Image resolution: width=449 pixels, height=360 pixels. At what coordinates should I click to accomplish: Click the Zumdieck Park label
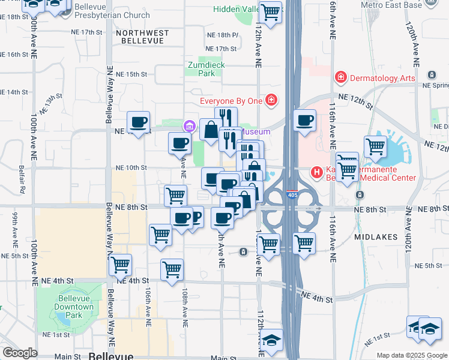[206, 68]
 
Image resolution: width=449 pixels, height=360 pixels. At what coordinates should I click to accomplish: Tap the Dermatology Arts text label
[382, 77]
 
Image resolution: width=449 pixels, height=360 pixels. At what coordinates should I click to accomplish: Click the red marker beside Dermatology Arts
[340, 77]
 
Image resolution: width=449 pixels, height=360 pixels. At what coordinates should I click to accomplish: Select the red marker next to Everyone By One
[271, 100]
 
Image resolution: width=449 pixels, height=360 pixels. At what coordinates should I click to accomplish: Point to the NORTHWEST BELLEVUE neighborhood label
[142, 36]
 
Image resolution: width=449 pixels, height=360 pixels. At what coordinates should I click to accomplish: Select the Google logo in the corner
[20, 353]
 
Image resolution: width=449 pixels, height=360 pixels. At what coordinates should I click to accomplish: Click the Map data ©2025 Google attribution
[412, 355]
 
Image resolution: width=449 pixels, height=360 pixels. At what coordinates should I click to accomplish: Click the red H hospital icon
[316, 173]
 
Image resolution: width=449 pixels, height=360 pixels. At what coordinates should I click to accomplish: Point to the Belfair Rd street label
[22, 181]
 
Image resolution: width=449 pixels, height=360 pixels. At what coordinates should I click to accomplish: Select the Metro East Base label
[392, 5]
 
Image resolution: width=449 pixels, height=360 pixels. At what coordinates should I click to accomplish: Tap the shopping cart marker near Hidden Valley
[271, 11]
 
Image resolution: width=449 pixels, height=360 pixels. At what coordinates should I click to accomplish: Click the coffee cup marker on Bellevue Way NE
[139, 122]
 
